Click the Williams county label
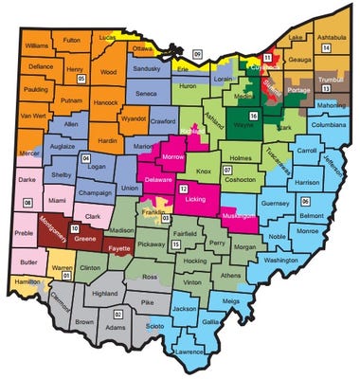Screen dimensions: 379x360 [37, 45]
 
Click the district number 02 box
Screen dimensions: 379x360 [118, 313]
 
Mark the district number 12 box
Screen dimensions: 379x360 [182, 189]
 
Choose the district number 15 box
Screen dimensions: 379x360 [176, 244]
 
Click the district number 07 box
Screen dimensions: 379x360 [226, 170]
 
